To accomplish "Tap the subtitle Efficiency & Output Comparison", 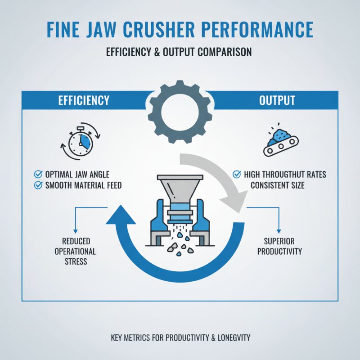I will pyautogui.click(x=179, y=52).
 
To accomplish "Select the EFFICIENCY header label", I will pyautogui.click(x=84, y=100).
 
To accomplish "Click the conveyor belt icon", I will pyautogui.click(x=281, y=144).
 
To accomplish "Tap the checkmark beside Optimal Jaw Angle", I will pyautogui.click(x=38, y=174).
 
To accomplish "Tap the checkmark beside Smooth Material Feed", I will pyautogui.click(x=38, y=185).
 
